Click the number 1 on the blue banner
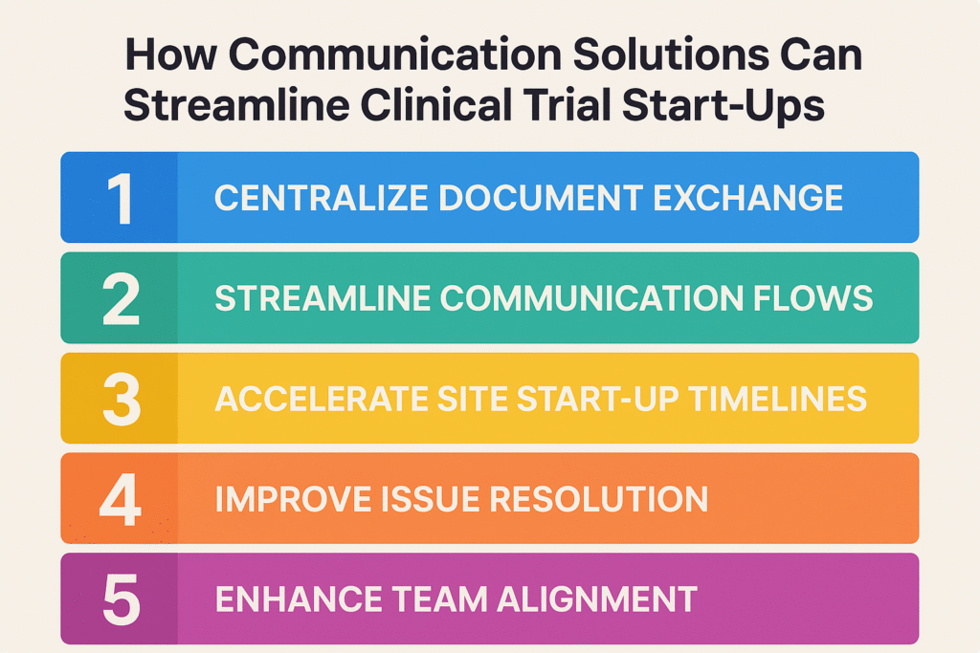[120, 199]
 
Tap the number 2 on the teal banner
[121, 299]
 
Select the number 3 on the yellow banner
[122, 400]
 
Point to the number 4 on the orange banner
[121, 499]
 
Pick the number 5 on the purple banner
[122, 599]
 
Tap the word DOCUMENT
[541, 198]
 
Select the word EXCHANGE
[748, 198]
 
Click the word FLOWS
[813, 297]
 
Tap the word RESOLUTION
[599, 499]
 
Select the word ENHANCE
[299, 599]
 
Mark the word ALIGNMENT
[596, 599]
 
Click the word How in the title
[170, 54]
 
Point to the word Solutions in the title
[671, 54]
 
